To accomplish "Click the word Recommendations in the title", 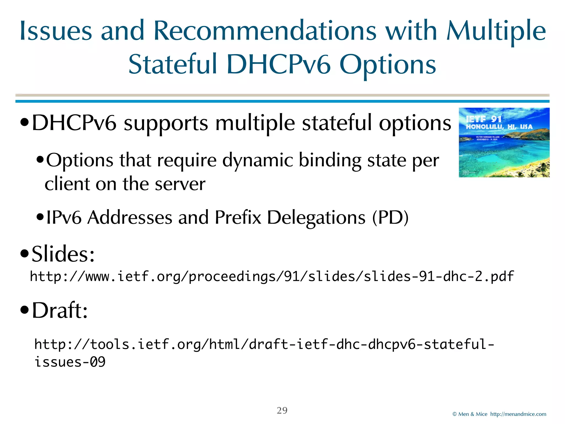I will (265, 31).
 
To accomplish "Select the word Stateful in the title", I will (173, 65).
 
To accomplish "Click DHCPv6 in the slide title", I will (278, 65).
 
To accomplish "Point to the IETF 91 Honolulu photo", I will (504, 142).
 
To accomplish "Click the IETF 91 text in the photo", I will (483, 119).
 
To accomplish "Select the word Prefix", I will (238, 218).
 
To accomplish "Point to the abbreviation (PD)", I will (390, 218).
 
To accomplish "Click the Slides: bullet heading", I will (63, 254).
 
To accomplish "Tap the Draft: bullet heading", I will (60, 310).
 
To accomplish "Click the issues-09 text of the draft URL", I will (70, 362).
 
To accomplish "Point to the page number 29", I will (282, 410).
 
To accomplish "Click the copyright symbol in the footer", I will (455, 414).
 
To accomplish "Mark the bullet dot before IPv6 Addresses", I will (40, 217).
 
